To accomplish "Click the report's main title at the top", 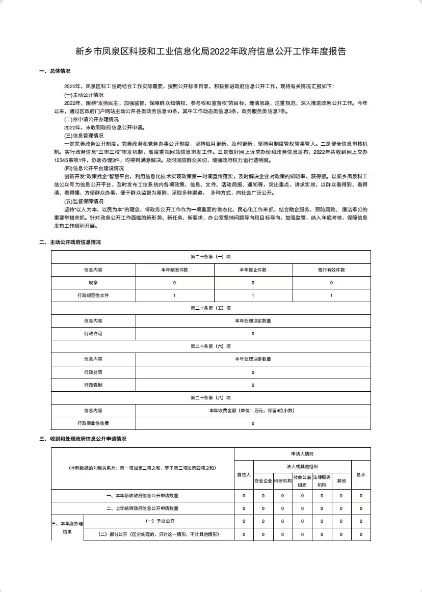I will [x=211, y=51].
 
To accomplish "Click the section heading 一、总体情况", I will [x=55, y=71].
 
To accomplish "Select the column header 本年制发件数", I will [x=174, y=270].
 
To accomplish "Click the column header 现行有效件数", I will [x=331, y=270].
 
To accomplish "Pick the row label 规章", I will [x=93, y=283].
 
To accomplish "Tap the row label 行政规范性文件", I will [x=93, y=295].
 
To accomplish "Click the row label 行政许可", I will [x=93, y=334].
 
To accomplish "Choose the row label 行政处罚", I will [x=93, y=372].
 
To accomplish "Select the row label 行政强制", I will [x=93, y=385].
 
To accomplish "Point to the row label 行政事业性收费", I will [x=93, y=423].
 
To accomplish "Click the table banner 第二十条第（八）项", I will [x=210, y=398].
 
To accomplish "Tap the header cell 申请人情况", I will [x=302, y=454].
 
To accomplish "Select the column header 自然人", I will [x=244, y=474].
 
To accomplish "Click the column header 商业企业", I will [x=263, y=480].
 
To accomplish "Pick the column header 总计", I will [x=361, y=474].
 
